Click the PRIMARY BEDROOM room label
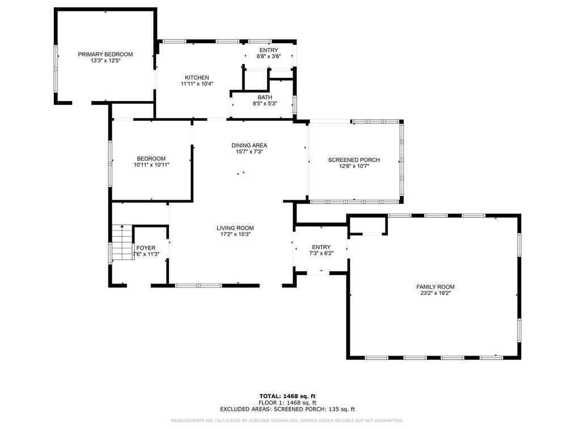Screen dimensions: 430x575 coord(105,54)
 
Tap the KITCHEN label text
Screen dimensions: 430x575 coord(197,78)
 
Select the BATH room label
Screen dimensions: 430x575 coord(264,98)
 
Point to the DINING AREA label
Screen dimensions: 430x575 coord(249,145)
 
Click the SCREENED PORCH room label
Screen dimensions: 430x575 coord(354,160)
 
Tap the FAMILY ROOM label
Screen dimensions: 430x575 coord(435,287)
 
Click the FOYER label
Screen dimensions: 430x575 coord(146,248)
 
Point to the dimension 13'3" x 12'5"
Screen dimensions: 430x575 coord(105,61)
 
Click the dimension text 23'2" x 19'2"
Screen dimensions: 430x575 coord(435,293)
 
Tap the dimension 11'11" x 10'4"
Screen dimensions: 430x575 coord(197,84)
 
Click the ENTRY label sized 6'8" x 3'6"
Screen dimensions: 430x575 coord(268,50)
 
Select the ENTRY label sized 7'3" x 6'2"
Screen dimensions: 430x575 coord(321,247)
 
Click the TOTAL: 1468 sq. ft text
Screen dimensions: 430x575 coord(287,395)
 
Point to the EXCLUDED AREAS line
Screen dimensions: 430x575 coord(287,408)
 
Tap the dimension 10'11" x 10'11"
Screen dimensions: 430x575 coord(151,165)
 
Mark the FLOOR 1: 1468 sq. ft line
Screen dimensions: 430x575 coord(287,402)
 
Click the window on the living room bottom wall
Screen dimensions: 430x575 coord(198,285)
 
